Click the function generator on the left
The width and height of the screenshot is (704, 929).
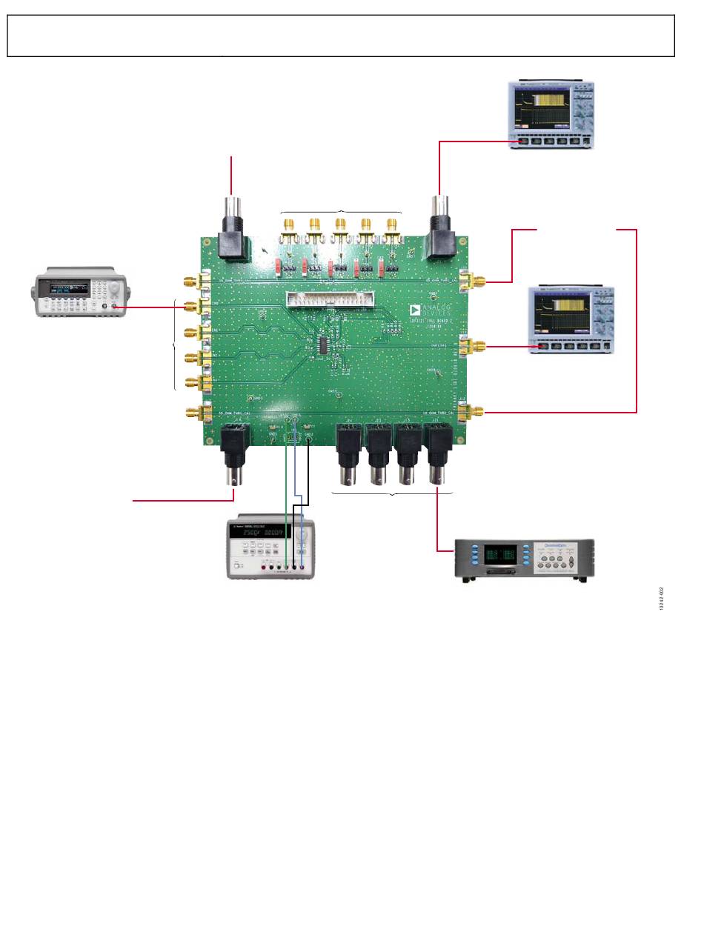(81, 295)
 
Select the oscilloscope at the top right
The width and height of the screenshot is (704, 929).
(551, 114)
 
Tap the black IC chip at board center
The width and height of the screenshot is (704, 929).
(326, 345)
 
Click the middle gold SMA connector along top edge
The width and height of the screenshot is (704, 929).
(340, 228)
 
